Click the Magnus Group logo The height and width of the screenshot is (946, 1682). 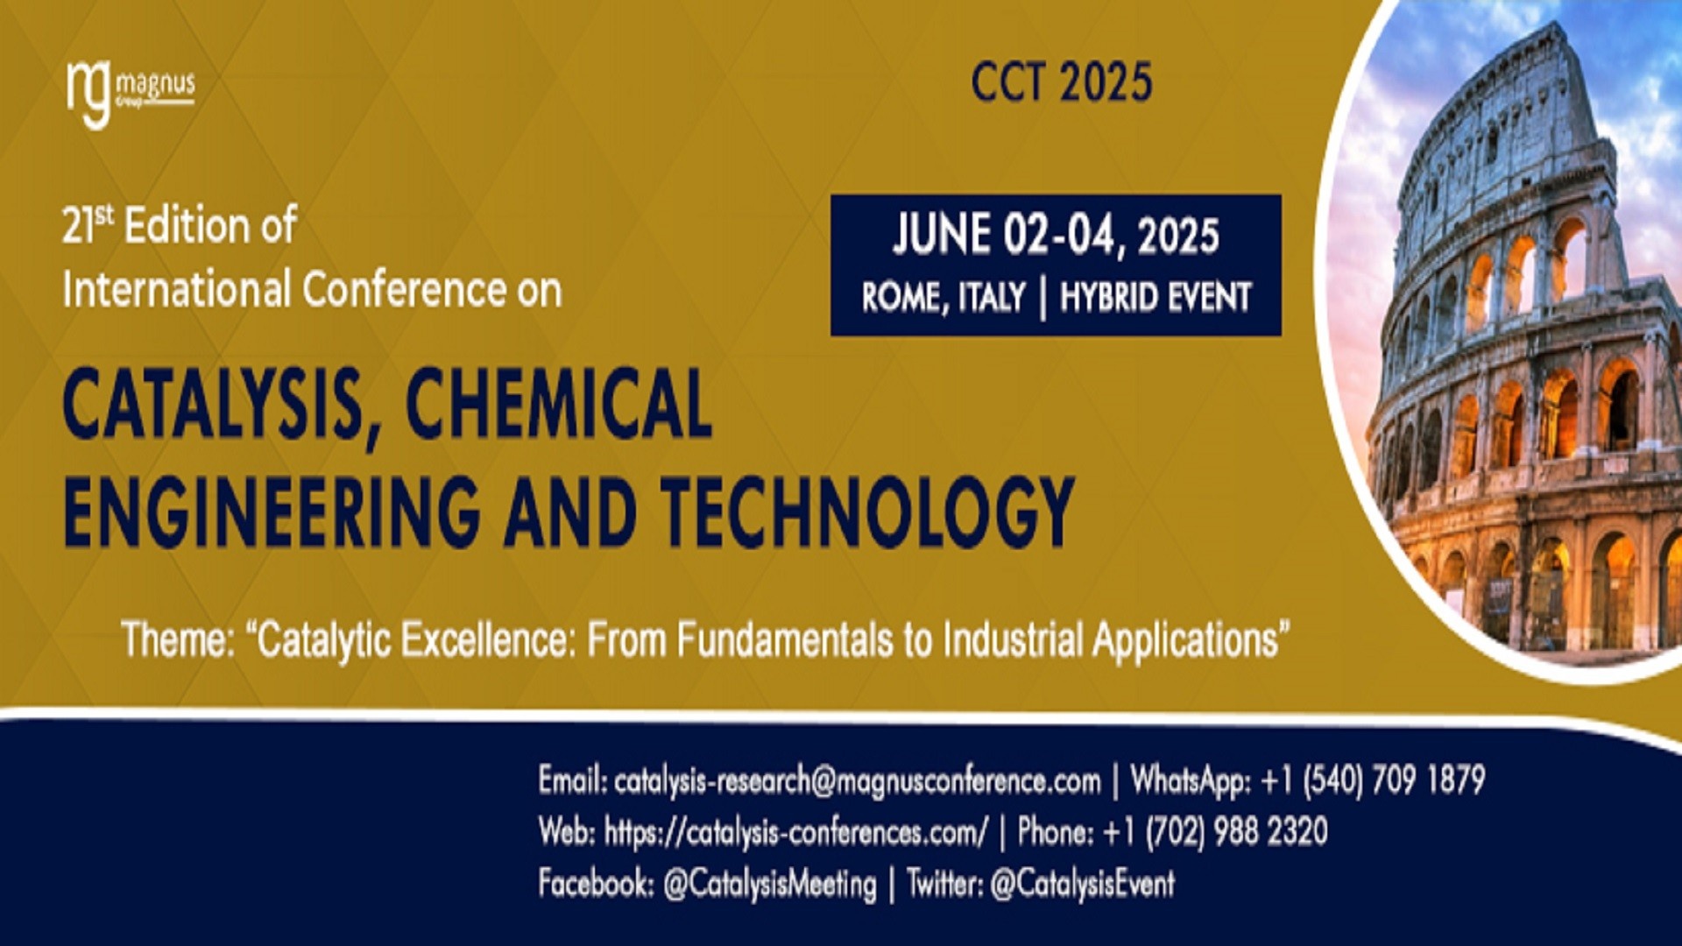pyautogui.click(x=130, y=91)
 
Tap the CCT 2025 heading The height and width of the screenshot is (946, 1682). pyautogui.click(x=1061, y=83)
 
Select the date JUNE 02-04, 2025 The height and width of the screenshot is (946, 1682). pyautogui.click(x=1056, y=235)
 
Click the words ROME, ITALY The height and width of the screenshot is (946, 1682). pyautogui.click(x=943, y=298)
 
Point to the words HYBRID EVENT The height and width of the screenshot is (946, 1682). pyautogui.click(x=1155, y=298)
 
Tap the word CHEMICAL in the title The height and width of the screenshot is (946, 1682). pyautogui.click(x=558, y=405)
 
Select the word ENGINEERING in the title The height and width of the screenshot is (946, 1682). pyautogui.click(x=272, y=512)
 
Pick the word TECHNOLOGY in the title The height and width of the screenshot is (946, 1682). pyautogui.click(x=867, y=512)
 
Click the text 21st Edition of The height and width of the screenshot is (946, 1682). pyautogui.click(x=180, y=225)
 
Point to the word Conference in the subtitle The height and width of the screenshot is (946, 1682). pyautogui.click(x=404, y=290)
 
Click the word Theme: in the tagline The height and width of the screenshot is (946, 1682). pyautogui.click(x=178, y=639)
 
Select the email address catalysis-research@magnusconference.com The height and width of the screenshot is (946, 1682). pyautogui.click(x=857, y=780)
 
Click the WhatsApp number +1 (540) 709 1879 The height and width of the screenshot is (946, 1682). pyautogui.click(x=1372, y=780)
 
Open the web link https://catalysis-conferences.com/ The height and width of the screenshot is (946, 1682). pyautogui.click(x=795, y=832)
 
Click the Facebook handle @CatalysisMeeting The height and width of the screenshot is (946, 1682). pyautogui.click(x=769, y=884)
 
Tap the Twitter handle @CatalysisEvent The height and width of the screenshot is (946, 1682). pyautogui.click(x=1082, y=884)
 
